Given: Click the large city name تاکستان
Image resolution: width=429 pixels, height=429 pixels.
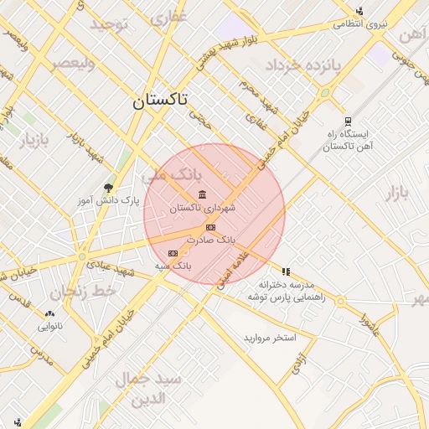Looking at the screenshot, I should pyautogui.click(x=160, y=101).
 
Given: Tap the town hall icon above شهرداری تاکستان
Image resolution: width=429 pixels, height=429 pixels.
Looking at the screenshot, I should pyautogui.click(x=203, y=195).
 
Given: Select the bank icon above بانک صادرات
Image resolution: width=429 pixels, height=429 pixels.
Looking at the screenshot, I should pyautogui.click(x=210, y=227).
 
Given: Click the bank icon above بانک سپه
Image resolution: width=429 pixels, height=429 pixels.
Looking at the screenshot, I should pyautogui.click(x=173, y=252).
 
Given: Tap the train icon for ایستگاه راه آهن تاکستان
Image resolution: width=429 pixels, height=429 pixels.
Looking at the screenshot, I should pyautogui.click(x=347, y=121).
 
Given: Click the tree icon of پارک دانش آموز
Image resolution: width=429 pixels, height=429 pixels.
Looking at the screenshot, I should pyautogui.click(x=108, y=188).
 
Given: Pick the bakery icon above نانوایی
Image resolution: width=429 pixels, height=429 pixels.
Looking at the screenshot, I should pyautogui.click(x=49, y=314).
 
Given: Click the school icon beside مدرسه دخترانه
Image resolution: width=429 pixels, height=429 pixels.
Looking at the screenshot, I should pyautogui.click(x=286, y=271).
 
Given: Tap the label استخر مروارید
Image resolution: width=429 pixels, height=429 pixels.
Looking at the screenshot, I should pyautogui.click(x=270, y=338).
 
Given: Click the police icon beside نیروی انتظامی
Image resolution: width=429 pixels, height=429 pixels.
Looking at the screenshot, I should pyautogui.click(x=359, y=11).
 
